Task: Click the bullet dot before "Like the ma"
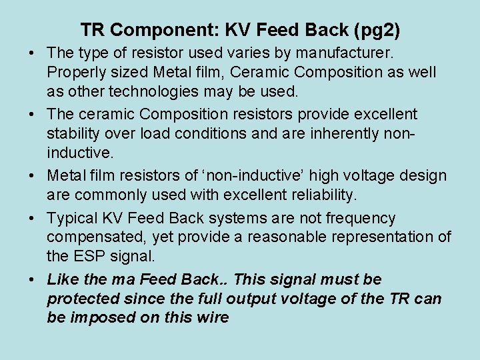[x=33, y=279]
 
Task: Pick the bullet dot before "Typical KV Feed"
[x=33, y=219]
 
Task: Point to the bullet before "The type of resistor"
[x=33, y=52]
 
